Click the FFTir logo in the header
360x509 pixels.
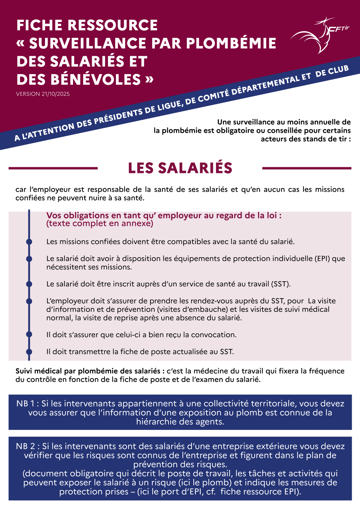click(319, 35)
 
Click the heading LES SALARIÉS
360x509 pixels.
click(180, 168)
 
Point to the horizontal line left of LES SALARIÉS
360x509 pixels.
click(53, 168)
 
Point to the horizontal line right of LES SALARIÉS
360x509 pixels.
click(307, 168)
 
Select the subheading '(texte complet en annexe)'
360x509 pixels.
click(100, 224)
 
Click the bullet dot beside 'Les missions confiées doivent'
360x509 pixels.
click(29, 242)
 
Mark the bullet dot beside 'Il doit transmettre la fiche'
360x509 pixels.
click(29, 351)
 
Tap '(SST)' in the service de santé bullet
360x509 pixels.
click(280, 284)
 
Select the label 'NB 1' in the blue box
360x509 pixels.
click(25, 404)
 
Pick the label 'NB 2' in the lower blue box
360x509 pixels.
click(26, 446)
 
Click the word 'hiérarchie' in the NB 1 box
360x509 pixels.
click(155, 422)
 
